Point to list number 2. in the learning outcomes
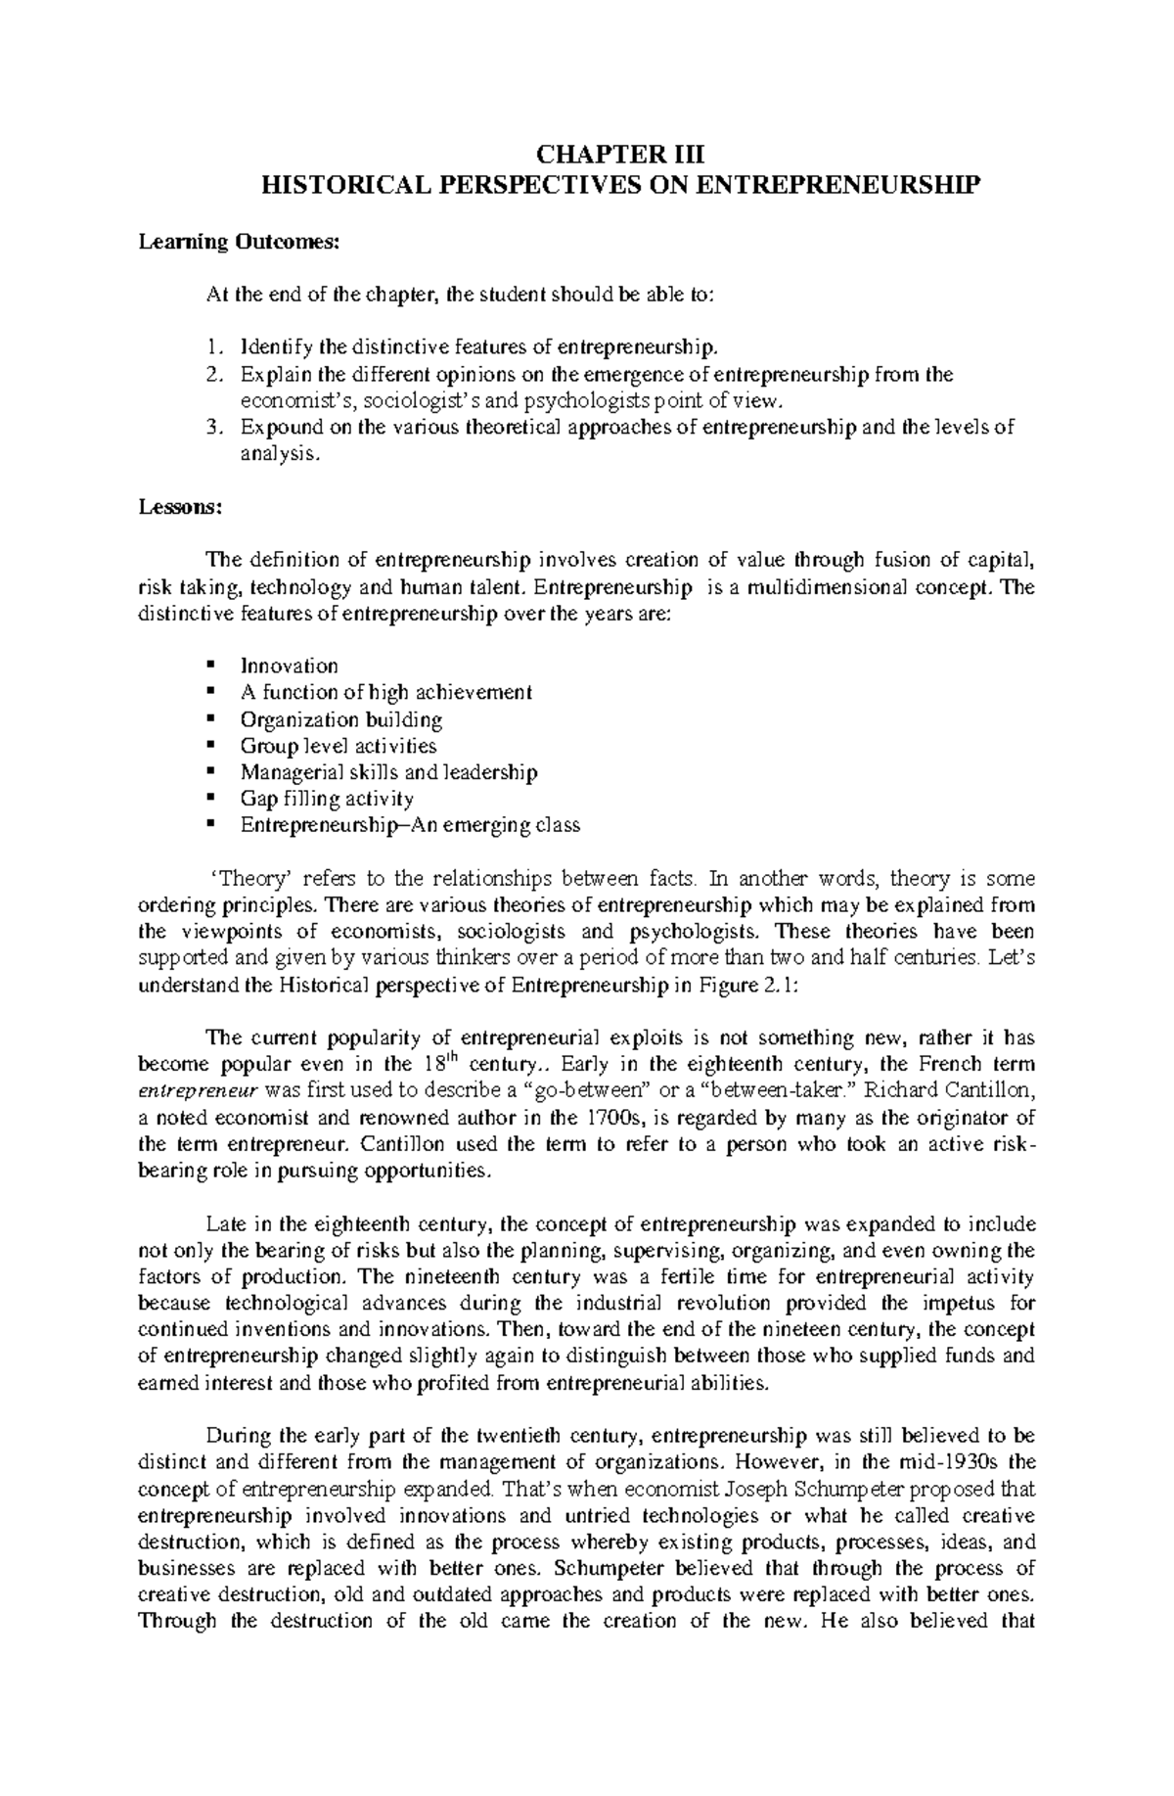(x=215, y=374)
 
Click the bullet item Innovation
(x=289, y=667)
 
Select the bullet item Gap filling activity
(x=327, y=799)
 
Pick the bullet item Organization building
(x=340, y=719)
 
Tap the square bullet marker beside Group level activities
(x=210, y=746)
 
